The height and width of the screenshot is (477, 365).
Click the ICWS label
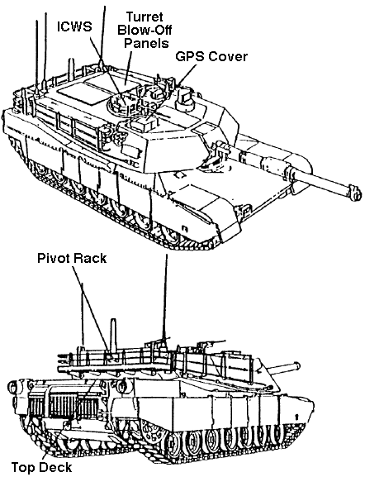click(x=74, y=26)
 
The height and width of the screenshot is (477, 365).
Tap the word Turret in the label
click(x=145, y=17)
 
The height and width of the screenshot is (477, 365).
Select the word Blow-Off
click(x=145, y=30)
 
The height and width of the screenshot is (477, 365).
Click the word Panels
click(x=146, y=43)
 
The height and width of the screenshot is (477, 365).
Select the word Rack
click(x=91, y=258)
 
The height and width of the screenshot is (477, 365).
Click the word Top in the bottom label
click(x=24, y=468)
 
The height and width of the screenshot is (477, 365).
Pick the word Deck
click(x=56, y=466)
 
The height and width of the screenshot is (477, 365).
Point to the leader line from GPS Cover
click(x=187, y=74)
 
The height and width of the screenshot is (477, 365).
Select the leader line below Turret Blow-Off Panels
click(x=128, y=67)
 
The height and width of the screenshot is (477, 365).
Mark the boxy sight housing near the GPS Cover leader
click(x=186, y=98)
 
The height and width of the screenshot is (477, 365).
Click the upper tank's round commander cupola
click(x=119, y=104)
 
